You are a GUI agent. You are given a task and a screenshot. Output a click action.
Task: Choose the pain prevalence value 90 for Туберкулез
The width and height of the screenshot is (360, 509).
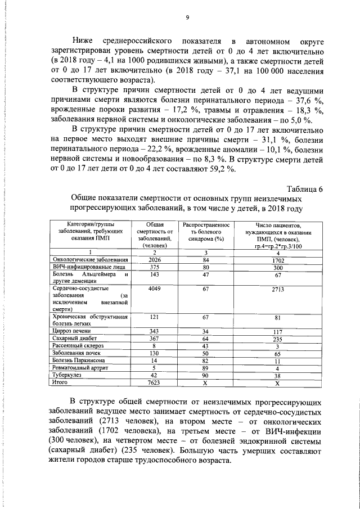point(206,374)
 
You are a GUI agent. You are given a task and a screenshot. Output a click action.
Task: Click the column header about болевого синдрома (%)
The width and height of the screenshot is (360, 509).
point(206,231)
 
